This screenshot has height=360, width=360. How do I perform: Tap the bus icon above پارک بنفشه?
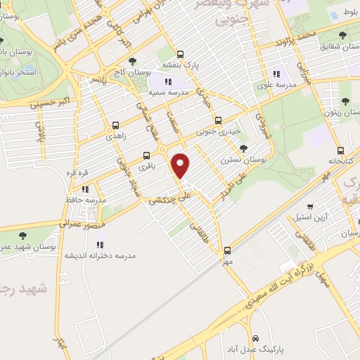click(181, 53)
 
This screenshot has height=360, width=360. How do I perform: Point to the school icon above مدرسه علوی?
click(277, 72)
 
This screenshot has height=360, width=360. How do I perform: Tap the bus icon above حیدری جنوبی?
click(218, 120)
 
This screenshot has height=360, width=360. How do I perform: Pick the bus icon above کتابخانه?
click(340, 150)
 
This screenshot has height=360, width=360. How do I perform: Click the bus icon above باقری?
click(146, 155)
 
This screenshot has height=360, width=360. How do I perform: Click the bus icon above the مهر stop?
click(226, 250)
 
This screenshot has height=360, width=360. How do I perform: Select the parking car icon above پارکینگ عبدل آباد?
click(256, 337)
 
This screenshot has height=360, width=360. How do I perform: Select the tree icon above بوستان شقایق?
click(342, 35)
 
